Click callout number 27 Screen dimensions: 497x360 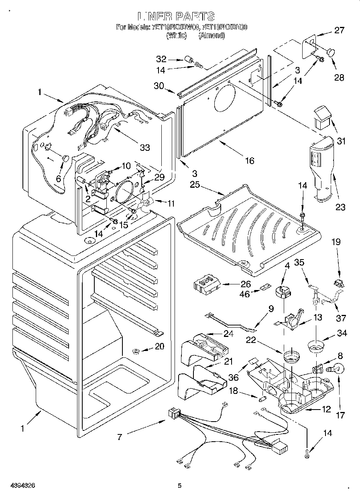pyautogui.click(x=340, y=30)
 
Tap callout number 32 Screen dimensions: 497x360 pyautogui.click(x=161, y=59)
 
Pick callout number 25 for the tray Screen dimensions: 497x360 pyautogui.click(x=195, y=185)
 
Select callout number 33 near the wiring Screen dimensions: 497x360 pyautogui.click(x=145, y=148)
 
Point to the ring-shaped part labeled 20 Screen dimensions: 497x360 pyautogui.click(x=136, y=352)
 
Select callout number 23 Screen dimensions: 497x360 pyautogui.click(x=340, y=207)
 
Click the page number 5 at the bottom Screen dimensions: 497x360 pyautogui.click(x=179, y=486)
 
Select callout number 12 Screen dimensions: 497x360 pyautogui.click(x=326, y=409)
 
